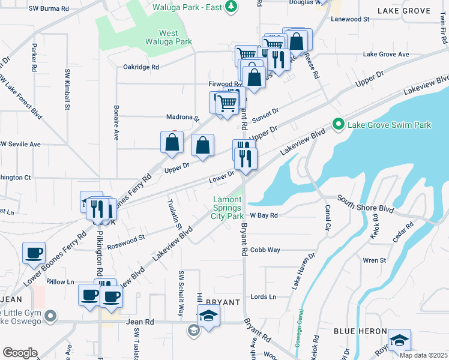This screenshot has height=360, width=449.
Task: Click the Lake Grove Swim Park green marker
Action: (338, 125)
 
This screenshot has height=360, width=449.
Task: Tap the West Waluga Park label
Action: (167, 38)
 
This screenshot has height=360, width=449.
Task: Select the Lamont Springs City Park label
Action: (228, 208)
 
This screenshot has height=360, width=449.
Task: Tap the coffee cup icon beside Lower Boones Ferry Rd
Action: (34, 253)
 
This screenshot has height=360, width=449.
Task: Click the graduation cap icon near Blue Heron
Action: (399, 340)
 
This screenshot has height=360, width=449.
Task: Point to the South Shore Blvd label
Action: (365, 203)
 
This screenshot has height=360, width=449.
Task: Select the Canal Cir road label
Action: (327, 218)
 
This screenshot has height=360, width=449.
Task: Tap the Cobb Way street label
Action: (265, 250)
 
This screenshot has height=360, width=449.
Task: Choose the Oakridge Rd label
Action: (141, 67)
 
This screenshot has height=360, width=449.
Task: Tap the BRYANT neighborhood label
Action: (223, 302)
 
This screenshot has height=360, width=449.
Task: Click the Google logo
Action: (20, 353)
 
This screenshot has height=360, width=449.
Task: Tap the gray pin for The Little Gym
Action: (50, 315)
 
